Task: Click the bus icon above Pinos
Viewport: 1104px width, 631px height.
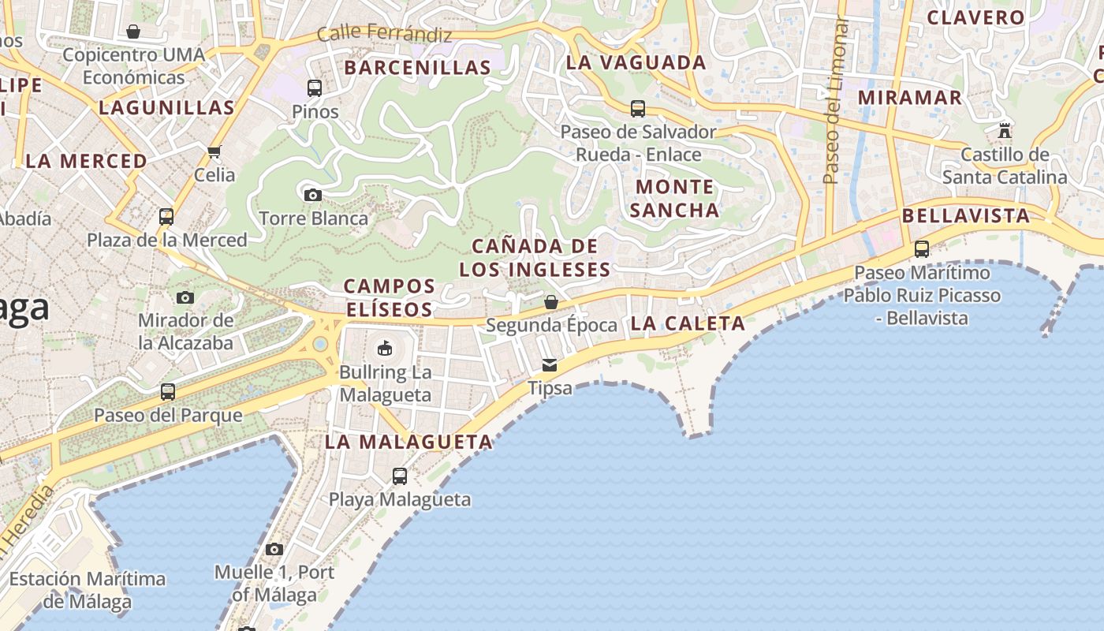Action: pyautogui.click(x=315, y=88)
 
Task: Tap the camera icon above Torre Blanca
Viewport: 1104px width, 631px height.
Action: pyautogui.click(x=313, y=195)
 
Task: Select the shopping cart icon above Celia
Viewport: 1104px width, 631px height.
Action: pyautogui.click(x=214, y=151)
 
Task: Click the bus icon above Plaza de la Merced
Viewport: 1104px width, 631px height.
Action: pyautogui.click(x=166, y=216)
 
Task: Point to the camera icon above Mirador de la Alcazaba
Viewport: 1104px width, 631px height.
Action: pyautogui.click(x=185, y=297)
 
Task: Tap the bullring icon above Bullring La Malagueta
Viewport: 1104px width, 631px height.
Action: pyautogui.click(x=385, y=348)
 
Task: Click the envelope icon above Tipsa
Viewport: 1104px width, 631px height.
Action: pyautogui.click(x=550, y=364)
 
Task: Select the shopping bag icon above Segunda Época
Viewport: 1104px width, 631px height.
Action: pyautogui.click(x=551, y=301)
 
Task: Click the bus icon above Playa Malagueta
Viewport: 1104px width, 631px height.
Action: pyautogui.click(x=400, y=476)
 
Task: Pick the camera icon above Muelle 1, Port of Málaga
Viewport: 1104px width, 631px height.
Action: pyautogui.click(x=274, y=549)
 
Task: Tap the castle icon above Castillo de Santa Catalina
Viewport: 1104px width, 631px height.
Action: pyautogui.click(x=1005, y=130)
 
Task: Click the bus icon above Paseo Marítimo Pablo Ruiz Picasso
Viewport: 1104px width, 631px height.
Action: pyautogui.click(x=922, y=249)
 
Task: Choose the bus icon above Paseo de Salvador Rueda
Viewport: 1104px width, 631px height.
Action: pyautogui.click(x=638, y=108)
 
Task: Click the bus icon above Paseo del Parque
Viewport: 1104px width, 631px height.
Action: pyautogui.click(x=168, y=391)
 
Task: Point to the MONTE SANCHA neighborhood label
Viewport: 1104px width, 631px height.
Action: pyautogui.click(x=674, y=199)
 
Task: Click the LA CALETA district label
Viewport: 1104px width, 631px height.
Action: pyautogui.click(x=688, y=323)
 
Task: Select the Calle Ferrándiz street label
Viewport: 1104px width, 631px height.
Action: pyautogui.click(x=384, y=35)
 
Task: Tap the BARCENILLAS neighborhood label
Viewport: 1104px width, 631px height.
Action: pyautogui.click(x=418, y=68)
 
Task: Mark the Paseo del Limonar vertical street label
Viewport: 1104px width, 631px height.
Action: pyautogui.click(x=836, y=103)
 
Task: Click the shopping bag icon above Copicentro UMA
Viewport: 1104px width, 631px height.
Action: pyautogui.click(x=133, y=32)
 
